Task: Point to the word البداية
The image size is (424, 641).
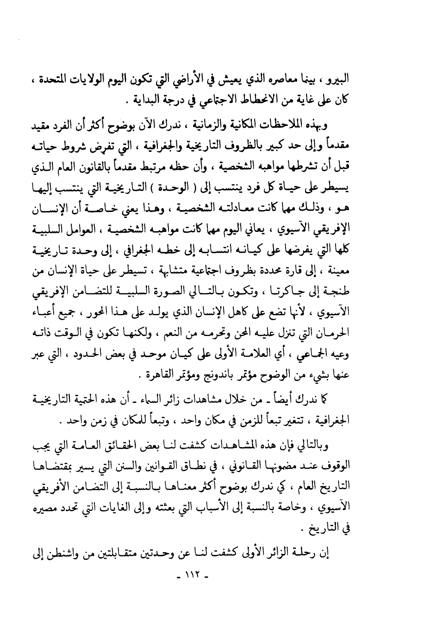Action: click(x=144, y=98)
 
